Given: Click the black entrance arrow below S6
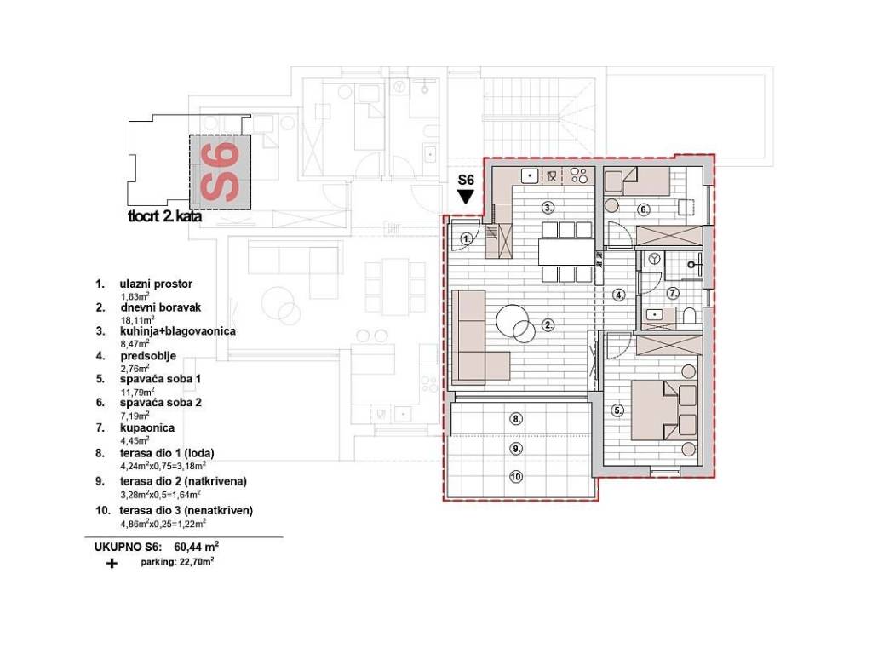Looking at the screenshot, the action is point(466,197).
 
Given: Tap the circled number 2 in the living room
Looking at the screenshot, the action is point(548,325).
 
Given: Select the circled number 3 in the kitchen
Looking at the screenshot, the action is point(548,209).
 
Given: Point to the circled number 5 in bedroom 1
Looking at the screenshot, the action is point(618,411).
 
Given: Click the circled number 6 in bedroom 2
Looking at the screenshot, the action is point(644,209).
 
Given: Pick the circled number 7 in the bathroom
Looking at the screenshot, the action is point(673,293).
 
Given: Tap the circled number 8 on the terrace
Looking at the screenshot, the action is point(517,418).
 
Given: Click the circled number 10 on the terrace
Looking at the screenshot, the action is point(516,477).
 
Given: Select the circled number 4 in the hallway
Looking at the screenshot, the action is point(620,295).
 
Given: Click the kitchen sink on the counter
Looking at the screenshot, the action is point(530,176).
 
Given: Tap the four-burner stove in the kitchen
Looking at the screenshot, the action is point(579,176).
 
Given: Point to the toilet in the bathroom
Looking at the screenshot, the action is point(688,316).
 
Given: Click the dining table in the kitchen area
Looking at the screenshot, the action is point(566,251).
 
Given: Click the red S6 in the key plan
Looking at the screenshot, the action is point(221,172).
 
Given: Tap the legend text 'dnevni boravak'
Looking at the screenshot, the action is point(161,307).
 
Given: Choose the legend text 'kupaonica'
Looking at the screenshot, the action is point(147,427).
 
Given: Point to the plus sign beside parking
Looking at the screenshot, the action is point(112,564).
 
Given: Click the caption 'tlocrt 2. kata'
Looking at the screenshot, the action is point(164,216).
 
